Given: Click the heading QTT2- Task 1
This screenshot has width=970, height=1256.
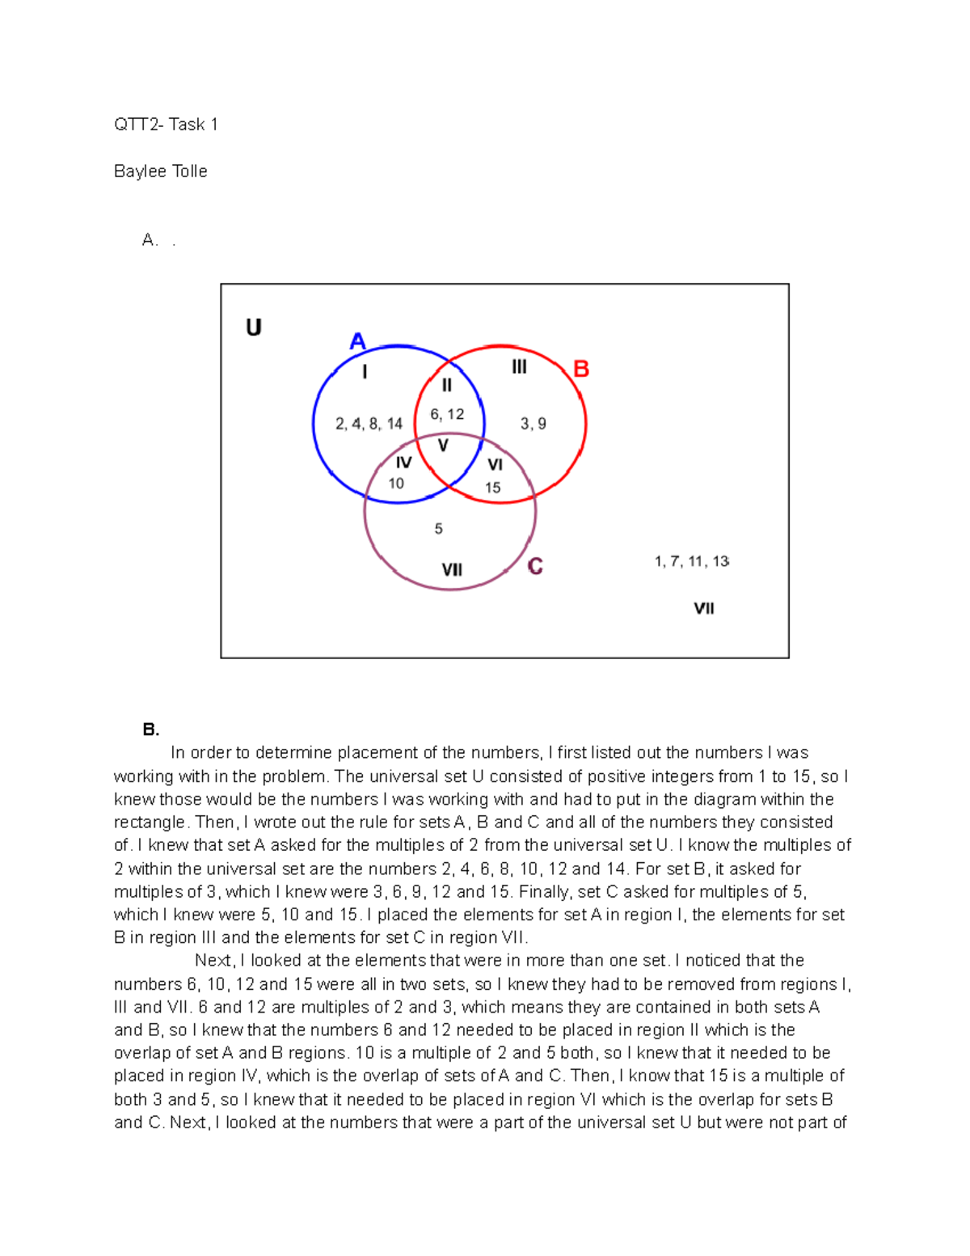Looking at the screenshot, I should pyautogui.click(x=166, y=125).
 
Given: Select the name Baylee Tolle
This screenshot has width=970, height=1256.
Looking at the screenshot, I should pyautogui.click(x=160, y=171).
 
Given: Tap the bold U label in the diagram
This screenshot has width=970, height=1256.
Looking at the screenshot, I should pyautogui.click(x=253, y=328).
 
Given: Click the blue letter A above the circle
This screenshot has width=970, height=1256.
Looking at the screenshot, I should pyautogui.click(x=357, y=341).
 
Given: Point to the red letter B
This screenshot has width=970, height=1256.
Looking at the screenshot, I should pyautogui.click(x=581, y=370).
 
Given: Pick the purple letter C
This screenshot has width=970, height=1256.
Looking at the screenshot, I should pyautogui.click(x=535, y=566).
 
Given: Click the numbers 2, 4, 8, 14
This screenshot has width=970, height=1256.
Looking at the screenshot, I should pyautogui.click(x=369, y=424).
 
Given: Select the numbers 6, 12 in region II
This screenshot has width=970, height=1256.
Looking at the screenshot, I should pyautogui.click(x=447, y=414).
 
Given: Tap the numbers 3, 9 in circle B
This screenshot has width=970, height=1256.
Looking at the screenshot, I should pyautogui.click(x=533, y=424).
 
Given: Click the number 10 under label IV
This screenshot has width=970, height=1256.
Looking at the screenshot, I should pyautogui.click(x=396, y=484).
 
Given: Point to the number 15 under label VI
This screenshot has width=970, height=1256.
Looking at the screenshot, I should pyautogui.click(x=493, y=488).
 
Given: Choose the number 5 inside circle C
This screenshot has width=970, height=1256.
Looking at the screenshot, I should pyautogui.click(x=438, y=529).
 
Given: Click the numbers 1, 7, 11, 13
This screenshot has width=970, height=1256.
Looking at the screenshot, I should pyautogui.click(x=691, y=561).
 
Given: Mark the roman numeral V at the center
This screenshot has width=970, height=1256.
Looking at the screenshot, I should pyautogui.click(x=443, y=446).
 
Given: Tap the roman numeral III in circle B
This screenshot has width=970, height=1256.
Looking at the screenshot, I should pyautogui.click(x=519, y=367).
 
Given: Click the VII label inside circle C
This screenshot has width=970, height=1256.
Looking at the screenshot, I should pyautogui.click(x=452, y=570).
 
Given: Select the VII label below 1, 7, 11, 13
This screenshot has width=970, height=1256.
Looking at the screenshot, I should pyautogui.click(x=704, y=608).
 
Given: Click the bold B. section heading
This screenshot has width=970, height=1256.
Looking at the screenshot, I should pyautogui.click(x=150, y=729).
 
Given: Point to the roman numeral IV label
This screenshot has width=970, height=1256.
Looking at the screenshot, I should pyautogui.click(x=403, y=463).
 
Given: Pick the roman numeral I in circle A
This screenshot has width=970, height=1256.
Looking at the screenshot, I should pyautogui.click(x=365, y=372).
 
